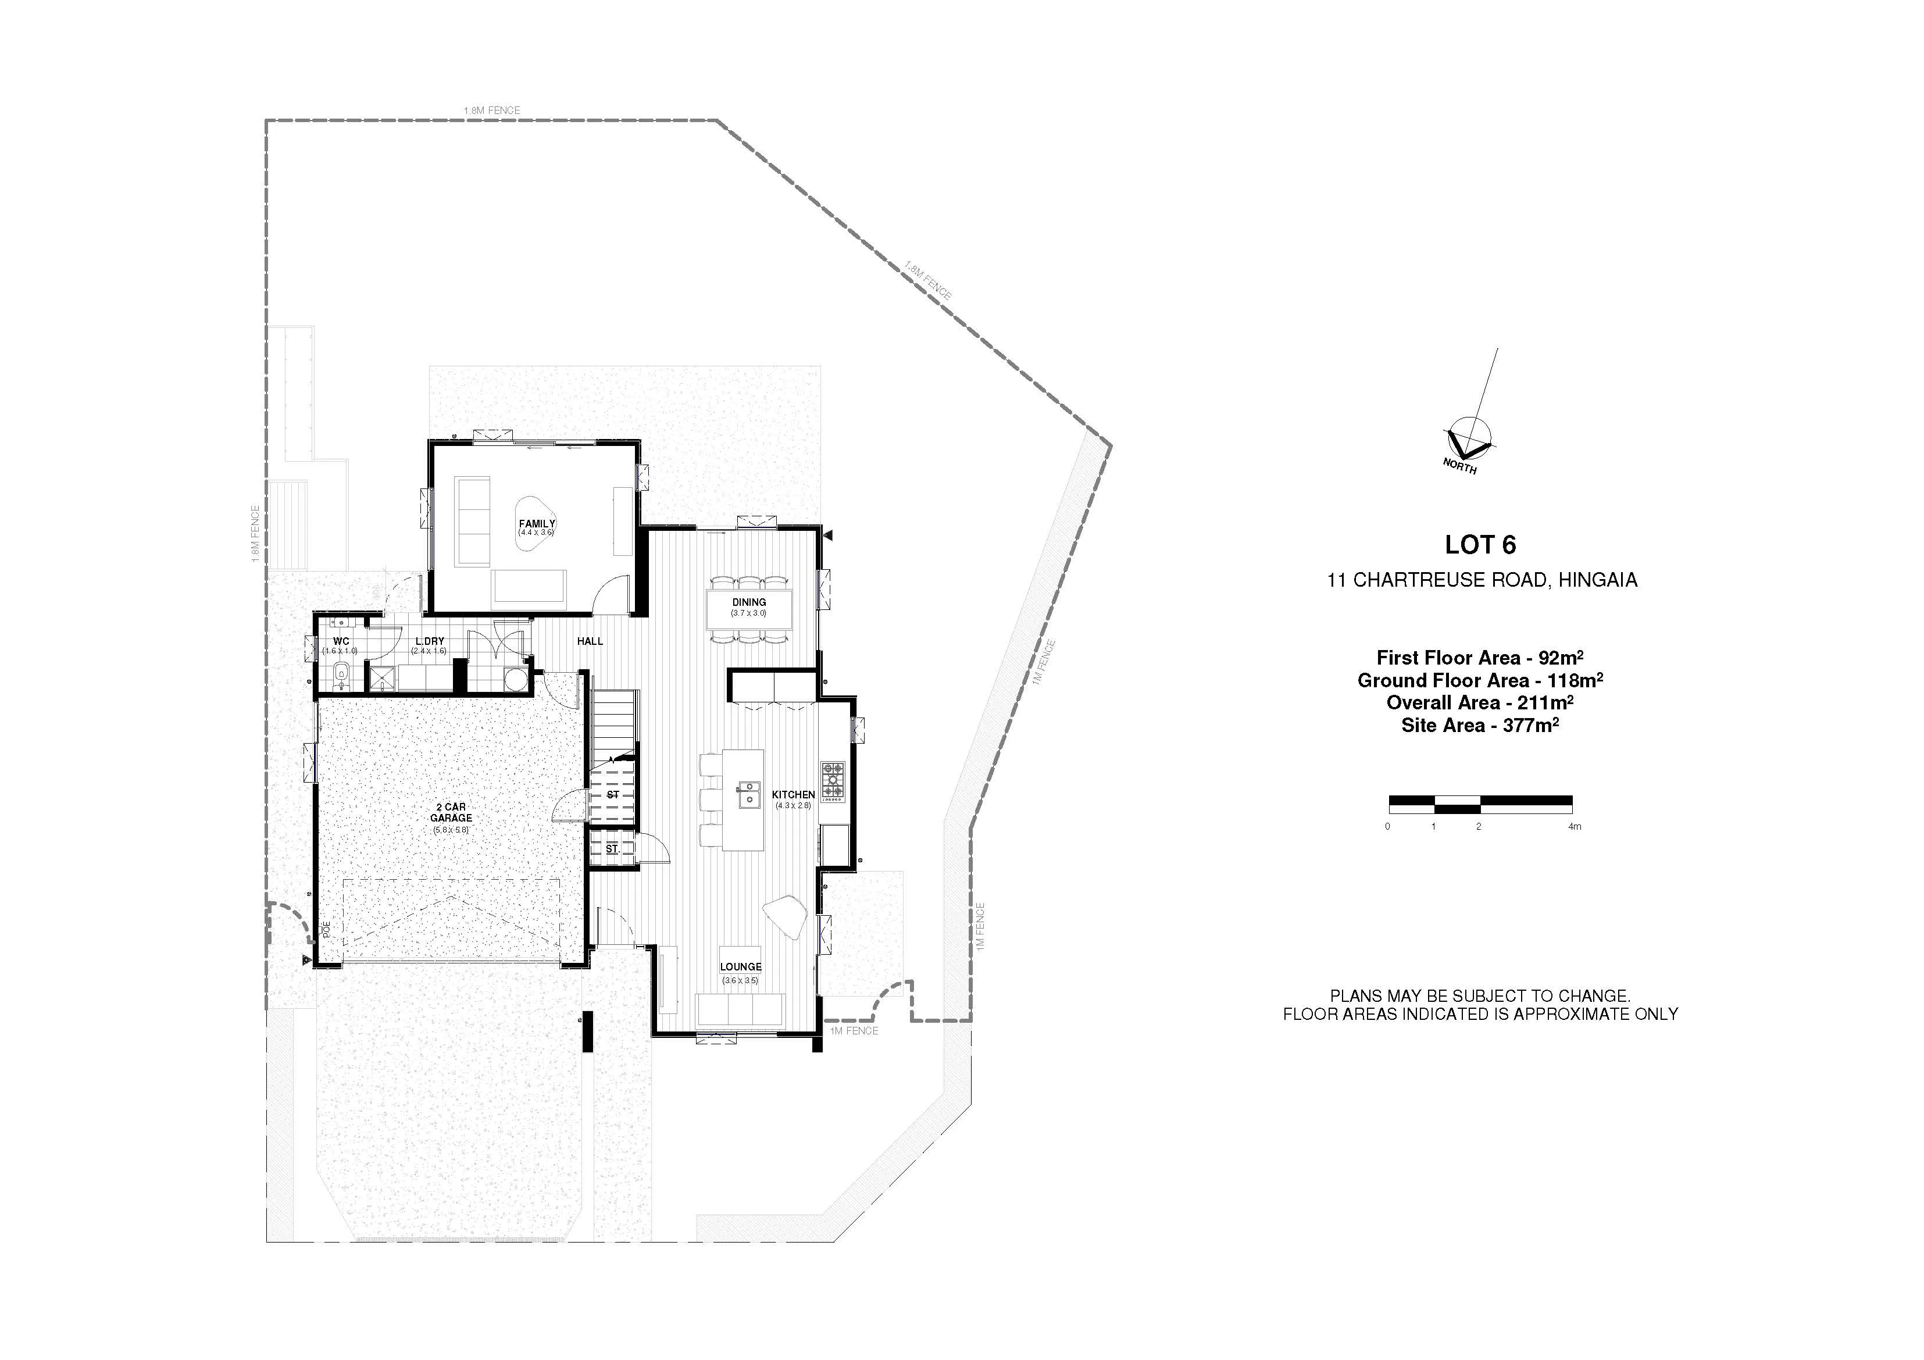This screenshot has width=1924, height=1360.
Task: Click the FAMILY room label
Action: [x=536, y=524]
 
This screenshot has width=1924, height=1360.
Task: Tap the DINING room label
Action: [x=748, y=602]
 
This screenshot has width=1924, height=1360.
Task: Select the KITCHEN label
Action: [x=793, y=794]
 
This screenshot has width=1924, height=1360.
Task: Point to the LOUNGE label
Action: [x=740, y=966]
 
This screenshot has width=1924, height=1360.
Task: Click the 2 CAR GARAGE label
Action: [x=451, y=812]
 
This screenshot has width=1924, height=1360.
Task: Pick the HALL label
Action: [x=590, y=641]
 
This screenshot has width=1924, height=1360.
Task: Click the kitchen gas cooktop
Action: [x=833, y=782]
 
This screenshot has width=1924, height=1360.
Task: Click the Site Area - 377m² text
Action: [x=1480, y=725]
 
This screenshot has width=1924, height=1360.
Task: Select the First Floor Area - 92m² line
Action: [x=1480, y=657]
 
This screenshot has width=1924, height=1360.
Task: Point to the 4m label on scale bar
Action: [x=1575, y=826]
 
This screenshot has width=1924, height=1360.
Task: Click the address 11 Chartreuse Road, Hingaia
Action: [x=1482, y=580]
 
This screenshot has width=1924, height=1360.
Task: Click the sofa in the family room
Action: [x=473, y=520]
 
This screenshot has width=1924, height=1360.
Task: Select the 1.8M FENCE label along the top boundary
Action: [x=492, y=110]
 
